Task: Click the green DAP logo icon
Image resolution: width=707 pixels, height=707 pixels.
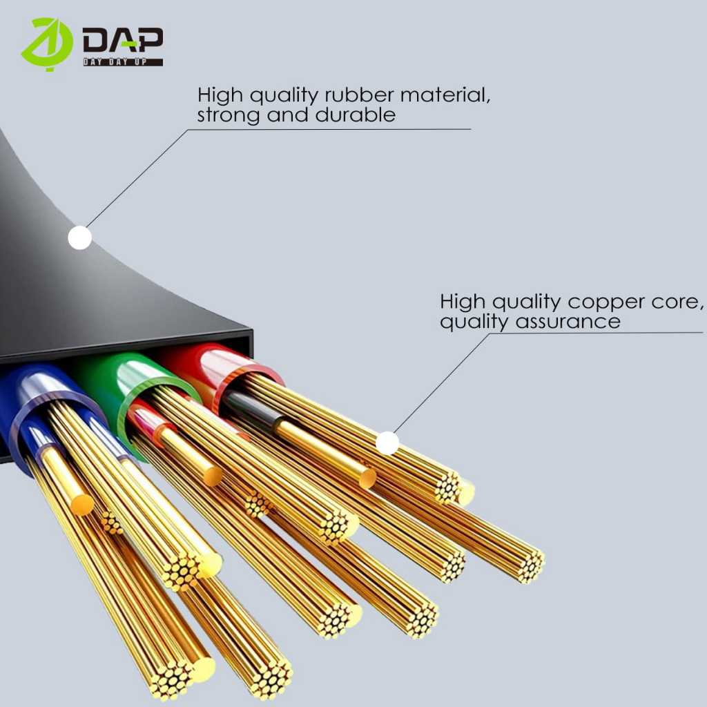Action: [x=46, y=44]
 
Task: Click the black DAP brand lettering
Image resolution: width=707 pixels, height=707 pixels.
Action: [x=123, y=42]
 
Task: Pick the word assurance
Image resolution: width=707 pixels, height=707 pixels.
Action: [x=578, y=322]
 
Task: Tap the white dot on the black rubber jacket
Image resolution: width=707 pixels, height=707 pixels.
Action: [x=80, y=238]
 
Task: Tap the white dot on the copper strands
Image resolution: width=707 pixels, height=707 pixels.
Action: [x=387, y=443]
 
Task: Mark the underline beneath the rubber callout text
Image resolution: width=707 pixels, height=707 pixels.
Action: [x=331, y=129]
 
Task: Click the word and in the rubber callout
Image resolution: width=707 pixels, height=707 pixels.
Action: [x=290, y=115]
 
